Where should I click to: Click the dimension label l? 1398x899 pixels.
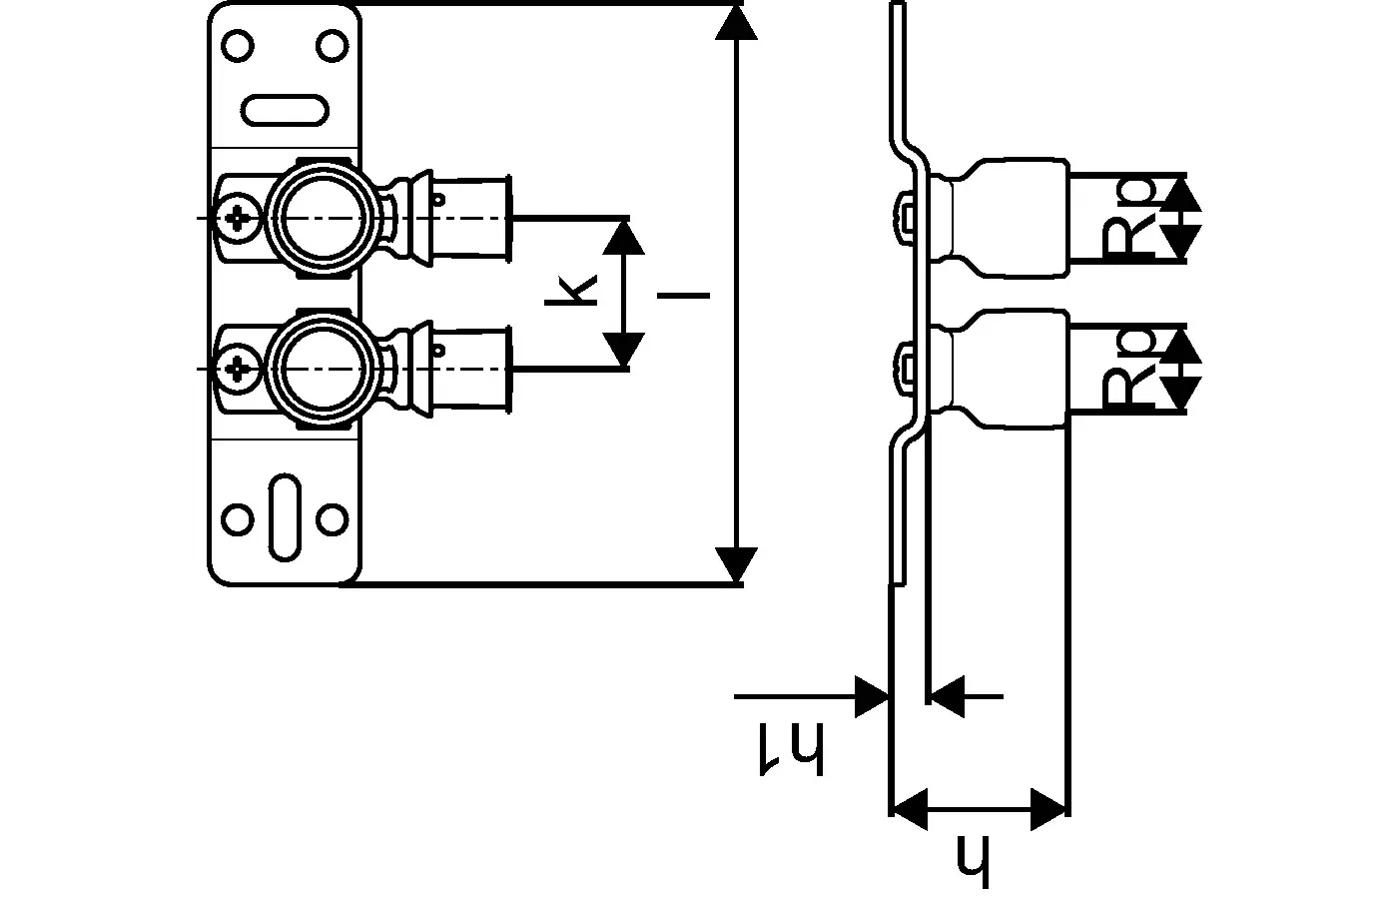pos(685,295)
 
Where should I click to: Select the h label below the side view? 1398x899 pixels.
pos(971,860)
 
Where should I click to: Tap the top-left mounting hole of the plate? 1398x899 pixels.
pos(238,47)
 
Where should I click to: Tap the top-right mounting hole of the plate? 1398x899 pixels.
pos(331,47)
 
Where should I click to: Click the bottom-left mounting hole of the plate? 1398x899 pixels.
pos(238,519)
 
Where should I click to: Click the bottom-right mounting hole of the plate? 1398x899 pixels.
pos(332,519)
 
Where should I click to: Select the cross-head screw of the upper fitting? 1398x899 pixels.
pos(239,217)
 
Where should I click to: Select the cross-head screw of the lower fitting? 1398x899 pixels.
pos(239,369)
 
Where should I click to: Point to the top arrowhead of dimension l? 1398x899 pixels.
pos(736,20)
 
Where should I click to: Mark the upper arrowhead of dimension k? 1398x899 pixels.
pos(624,236)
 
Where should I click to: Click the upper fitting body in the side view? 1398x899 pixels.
pos(1004,217)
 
